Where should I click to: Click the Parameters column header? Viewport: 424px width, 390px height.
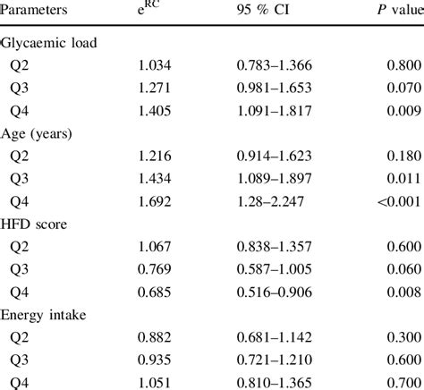tap(38, 12)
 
